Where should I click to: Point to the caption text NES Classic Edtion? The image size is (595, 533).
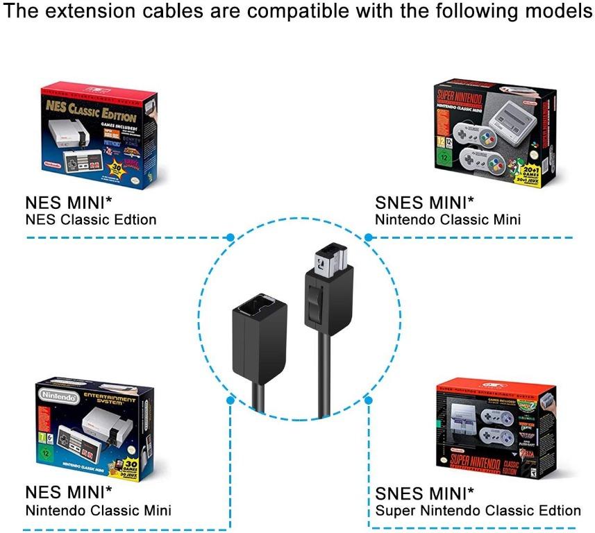point(90,220)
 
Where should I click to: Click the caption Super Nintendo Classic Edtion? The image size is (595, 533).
point(478,511)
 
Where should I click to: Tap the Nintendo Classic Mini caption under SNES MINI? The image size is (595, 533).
point(447,220)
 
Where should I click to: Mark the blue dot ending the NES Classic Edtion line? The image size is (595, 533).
point(230,237)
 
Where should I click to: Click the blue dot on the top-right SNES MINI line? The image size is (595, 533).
point(369,237)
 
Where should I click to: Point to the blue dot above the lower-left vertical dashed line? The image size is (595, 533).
point(230,400)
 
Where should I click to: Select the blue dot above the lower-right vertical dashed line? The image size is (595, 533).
point(369,400)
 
